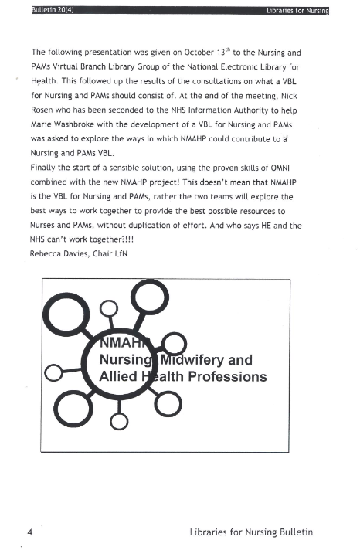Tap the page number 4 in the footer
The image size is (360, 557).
tap(30, 532)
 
